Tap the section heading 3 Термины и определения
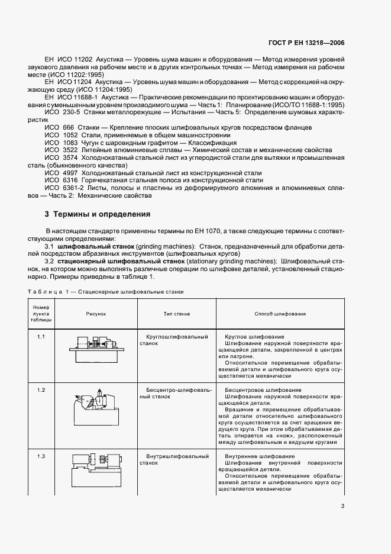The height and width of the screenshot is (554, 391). pos(97,214)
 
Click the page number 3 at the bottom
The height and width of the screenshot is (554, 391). pos(342,505)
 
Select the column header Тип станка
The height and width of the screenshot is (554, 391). pos(176,314)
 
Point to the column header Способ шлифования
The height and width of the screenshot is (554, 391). pos(280,314)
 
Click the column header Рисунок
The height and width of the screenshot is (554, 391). pos(95,314)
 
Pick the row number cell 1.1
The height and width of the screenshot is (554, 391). pos(41,337)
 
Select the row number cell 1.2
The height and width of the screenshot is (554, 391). pos(41,390)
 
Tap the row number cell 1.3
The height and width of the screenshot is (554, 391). pos(41,456)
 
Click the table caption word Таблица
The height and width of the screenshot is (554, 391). pos(44,292)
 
